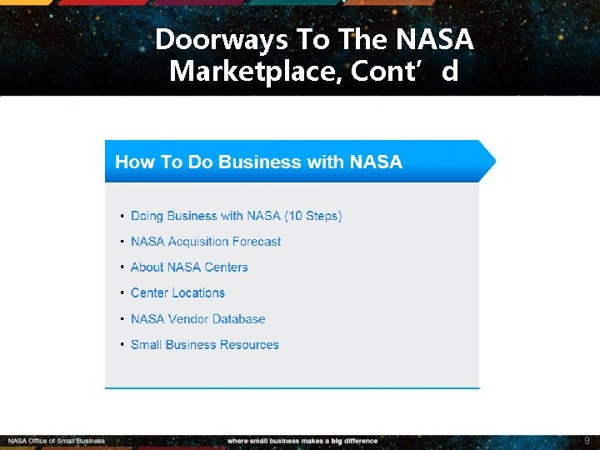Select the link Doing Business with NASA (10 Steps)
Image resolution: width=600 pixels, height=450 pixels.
pyautogui.click(x=236, y=216)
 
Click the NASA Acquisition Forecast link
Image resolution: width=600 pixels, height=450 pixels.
pyautogui.click(x=206, y=242)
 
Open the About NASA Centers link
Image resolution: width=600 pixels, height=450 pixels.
pyautogui.click(x=189, y=267)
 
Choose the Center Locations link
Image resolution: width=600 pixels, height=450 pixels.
pyautogui.click(x=177, y=293)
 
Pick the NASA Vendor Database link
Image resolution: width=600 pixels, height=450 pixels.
pyautogui.click(x=197, y=319)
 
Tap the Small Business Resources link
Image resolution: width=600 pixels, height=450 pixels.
pyautogui.click(x=204, y=345)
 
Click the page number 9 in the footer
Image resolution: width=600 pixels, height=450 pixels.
pyautogui.click(x=587, y=440)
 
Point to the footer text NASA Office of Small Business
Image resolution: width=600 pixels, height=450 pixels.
pyautogui.click(x=57, y=441)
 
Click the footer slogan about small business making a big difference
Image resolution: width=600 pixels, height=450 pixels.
pyautogui.click(x=302, y=441)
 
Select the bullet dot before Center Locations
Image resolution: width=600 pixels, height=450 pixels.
pyautogui.click(x=122, y=294)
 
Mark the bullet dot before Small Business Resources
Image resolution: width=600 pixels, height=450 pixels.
pyautogui.click(x=122, y=346)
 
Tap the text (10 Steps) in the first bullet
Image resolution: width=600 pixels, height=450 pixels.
pyautogui.click(x=313, y=216)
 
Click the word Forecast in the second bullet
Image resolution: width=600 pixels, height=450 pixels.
pyautogui.click(x=253, y=242)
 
